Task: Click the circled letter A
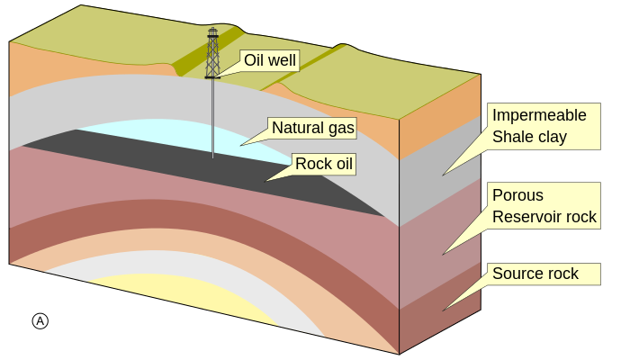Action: (40, 321)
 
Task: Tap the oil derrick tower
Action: (212, 53)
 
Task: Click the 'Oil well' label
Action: (270, 60)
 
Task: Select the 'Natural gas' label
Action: (313, 128)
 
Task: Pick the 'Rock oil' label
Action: (324, 164)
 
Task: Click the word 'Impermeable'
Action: (539, 115)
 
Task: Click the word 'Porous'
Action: (517, 195)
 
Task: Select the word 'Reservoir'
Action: (525, 217)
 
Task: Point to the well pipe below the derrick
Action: (213, 118)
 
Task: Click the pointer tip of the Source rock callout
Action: (443, 310)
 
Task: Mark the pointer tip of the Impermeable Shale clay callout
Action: (443, 175)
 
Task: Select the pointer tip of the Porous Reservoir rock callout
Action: (443, 255)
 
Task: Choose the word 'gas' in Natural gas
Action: (341, 129)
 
